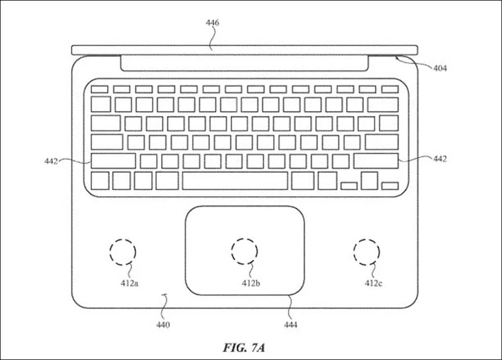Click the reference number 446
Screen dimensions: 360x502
pyautogui.click(x=212, y=23)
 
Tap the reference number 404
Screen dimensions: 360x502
pyautogui.click(x=440, y=69)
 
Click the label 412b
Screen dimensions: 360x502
pyautogui.click(x=251, y=283)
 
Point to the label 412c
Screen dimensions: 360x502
pyautogui.click(x=373, y=283)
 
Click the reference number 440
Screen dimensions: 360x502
pyautogui.click(x=163, y=324)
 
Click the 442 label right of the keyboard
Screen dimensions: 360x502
pyautogui.click(x=440, y=159)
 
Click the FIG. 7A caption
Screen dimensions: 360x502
pyautogui.click(x=244, y=348)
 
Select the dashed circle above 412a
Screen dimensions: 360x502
pyautogui.click(x=123, y=252)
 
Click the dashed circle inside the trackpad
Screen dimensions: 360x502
pyautogui.click(x=244, y=251)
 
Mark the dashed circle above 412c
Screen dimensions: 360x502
pyautogui.click(x=366, y=252)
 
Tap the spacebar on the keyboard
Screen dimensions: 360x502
pyautogui.click(x=235, y=181)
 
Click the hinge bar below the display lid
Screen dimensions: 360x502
pyautogui.click(x=244, y=63)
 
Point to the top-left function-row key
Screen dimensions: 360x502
pyautogui.click(x=99, y=89)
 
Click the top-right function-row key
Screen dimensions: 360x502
pyautogui.click(x=389, y=89)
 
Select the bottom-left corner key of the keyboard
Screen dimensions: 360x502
pyautogui.click(x=99, y=181)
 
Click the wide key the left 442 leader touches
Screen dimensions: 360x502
pyautogui.click(x=113, y=161)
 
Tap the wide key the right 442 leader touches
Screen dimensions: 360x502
pyautogui.click(x=375, y=161)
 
